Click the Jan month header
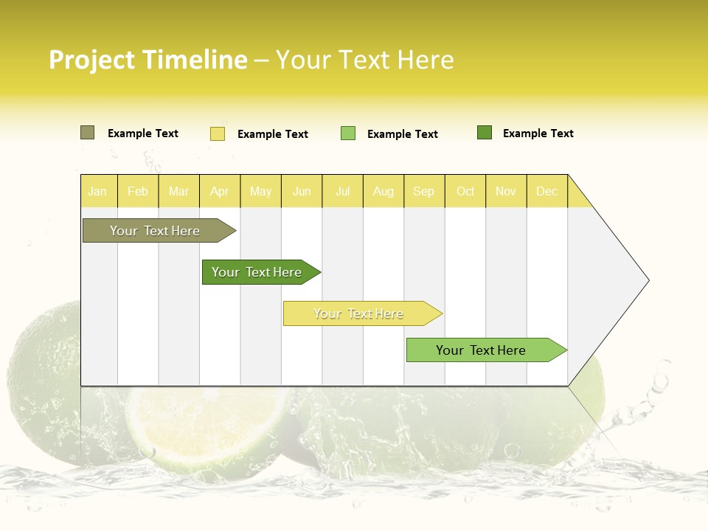click(97, 191)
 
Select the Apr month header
click(220, 191)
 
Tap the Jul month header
click(342, 191)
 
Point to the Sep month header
click(423, 191)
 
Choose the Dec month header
click(546, 191)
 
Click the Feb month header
click(138, 191)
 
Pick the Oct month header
click(465, 191)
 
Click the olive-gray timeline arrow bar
click(155, 231)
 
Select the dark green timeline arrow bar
click(257, 272)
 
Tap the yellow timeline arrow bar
click(358, 313)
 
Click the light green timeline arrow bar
click(481, 350)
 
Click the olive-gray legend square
click(87, 133)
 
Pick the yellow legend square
click(218, 133)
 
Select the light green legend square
click(348, 133)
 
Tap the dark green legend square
click(485, 133)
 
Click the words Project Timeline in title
click(148, 60)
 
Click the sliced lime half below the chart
click(206, 428)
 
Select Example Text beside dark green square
click(538, 133)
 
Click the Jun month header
click(302, 191)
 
